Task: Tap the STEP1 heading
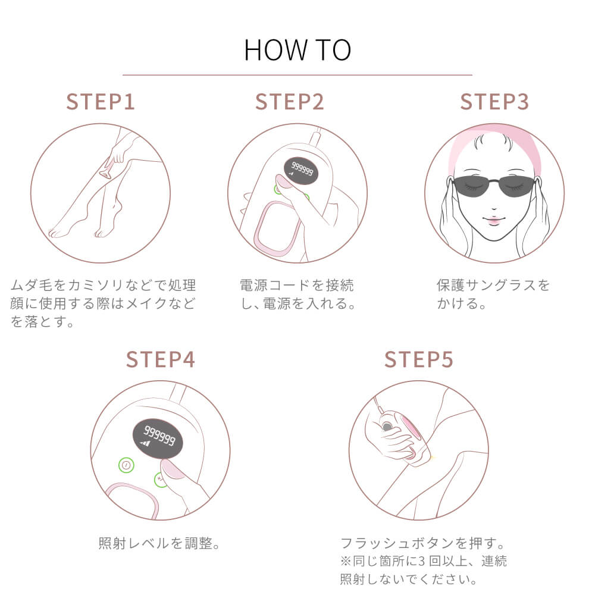tap(101, 102)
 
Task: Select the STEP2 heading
tap(290, 102)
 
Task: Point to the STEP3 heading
tap(494, 102)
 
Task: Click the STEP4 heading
tap(161, 360)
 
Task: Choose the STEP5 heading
tap(418, 360)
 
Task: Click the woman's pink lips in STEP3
tap(493, 219)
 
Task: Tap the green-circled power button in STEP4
tap(126, 465)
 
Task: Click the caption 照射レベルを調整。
tap(159, 543)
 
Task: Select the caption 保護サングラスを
tap(493, 285)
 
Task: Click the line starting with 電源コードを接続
tap(296, 285)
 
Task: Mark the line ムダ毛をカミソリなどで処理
tap(103, 285)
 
